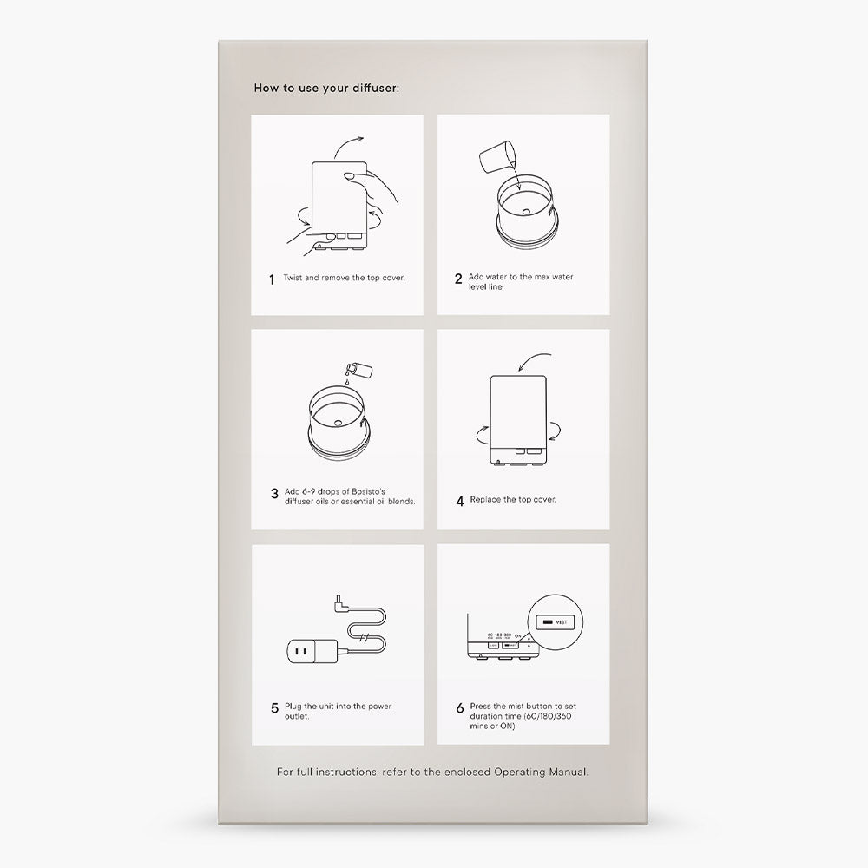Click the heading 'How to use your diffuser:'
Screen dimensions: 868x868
326,88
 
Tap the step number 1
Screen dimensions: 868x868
272,280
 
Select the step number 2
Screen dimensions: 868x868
458,279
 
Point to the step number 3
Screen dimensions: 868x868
274,496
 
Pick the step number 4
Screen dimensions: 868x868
459,501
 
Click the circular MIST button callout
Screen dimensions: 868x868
555,622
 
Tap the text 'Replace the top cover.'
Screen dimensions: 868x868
513,500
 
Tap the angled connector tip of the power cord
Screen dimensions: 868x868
336,602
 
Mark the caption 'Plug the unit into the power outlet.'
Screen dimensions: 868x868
338,711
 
